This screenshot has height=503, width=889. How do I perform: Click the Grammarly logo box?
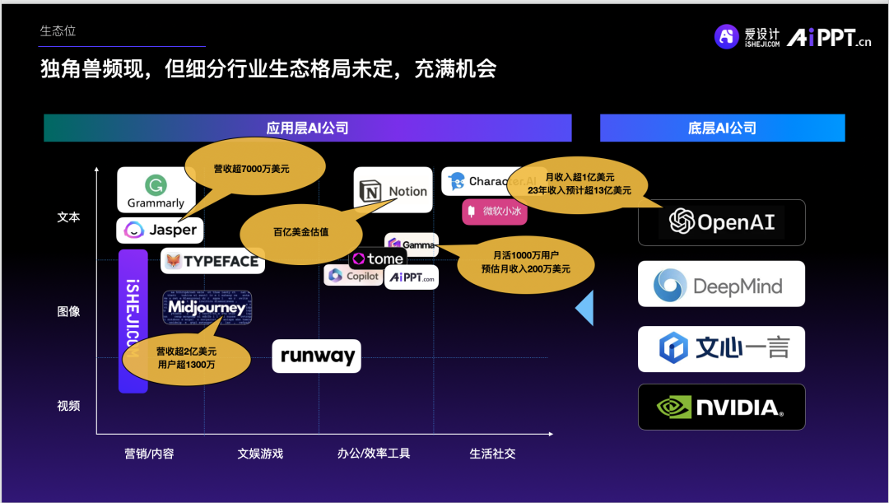pos(156,190)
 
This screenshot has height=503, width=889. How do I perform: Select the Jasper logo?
pos(160,231)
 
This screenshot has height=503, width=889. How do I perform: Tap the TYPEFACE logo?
pos(212,261)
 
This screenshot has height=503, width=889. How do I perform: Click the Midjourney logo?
pos(207,308)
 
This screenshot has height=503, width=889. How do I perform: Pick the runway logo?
pos(317,356)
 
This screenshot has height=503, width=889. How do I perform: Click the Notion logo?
pos(393,191)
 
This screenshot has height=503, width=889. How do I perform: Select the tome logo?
pos(377,258)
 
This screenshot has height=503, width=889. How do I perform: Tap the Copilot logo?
pos(352,276)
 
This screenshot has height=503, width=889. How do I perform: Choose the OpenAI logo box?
pos(721,222)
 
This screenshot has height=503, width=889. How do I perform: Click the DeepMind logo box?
pos(721,285)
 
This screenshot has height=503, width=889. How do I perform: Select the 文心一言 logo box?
pos(721,348)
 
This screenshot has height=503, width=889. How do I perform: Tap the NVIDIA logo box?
pos(721,407)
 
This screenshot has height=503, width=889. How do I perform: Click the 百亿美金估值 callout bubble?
pos(300,232)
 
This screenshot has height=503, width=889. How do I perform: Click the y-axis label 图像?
pos(68,311)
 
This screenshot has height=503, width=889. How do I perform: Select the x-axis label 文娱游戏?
pos(260,454)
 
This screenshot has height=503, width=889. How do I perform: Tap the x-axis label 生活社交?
pos(492,454)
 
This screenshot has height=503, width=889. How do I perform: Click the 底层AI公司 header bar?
pos(722,128)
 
